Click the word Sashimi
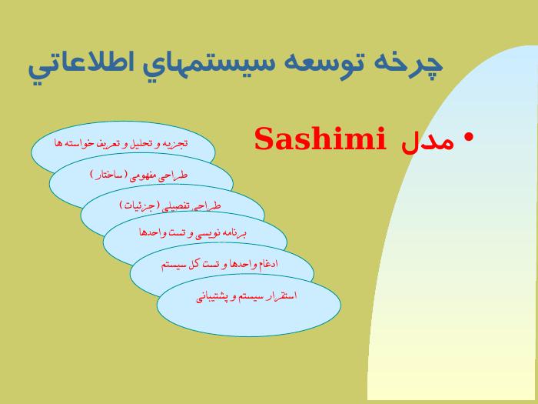pyautogui.click(x=320, y=138)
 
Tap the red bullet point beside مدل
pyautogui.click(x=469, y=138)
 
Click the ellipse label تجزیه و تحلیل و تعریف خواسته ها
pyautogui.click(x=121, y=143)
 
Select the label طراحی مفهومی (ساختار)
pyautogui.click(x=139, y=175)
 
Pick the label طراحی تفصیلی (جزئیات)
pyautogui.click(x=170, y=205)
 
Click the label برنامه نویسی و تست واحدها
pyautogui.click(x=192, y=233)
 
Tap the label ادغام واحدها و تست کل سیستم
pyautogui.click(x=220, y=265)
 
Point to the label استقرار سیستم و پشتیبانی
pyautogui.click(x=247, y=296)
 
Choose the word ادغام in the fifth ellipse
pyautogui.click(x=267, y=264)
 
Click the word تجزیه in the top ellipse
pyautogui.click(x=177, y=143)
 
